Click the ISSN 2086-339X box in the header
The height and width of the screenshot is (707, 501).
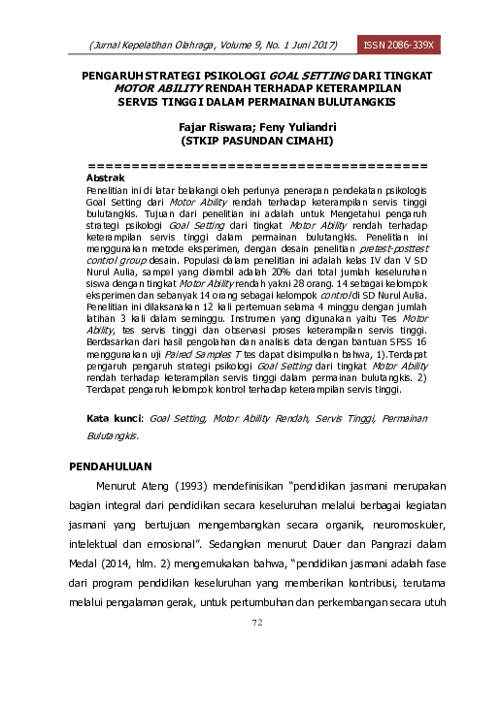400,45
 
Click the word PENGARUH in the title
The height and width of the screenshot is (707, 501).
109,75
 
